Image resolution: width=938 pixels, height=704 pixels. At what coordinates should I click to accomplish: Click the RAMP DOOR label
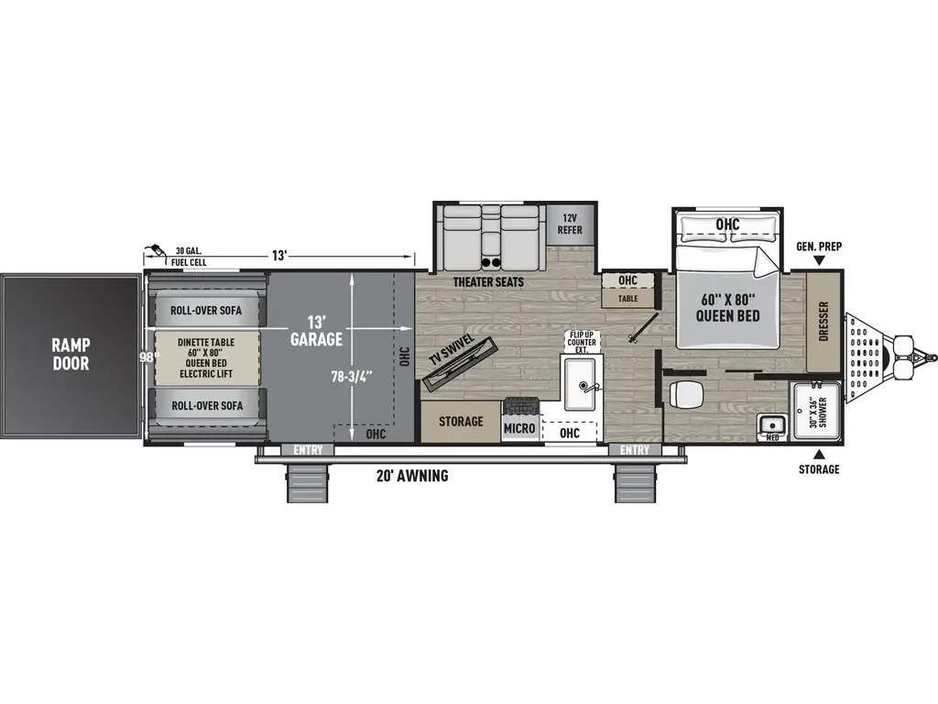(x=71, y=354)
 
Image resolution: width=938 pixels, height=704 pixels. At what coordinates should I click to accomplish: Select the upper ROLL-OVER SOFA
(x=205, y=311)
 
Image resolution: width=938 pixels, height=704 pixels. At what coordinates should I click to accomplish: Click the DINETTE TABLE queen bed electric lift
(x=205, y=357)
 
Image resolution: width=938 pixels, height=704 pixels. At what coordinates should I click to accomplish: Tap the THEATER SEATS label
(x=488, y=281)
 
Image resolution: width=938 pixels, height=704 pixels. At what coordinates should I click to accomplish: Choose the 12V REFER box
(x=571, y=224)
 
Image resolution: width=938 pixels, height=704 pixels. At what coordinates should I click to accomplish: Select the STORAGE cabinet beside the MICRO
(x=460, y=422)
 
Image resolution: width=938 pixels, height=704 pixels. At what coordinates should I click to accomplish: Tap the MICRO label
(x=518, y=428)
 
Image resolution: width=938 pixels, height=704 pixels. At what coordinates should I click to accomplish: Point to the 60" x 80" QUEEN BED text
(x=730, y=309)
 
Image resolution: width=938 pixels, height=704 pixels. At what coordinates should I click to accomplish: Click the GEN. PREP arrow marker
(x=819, y=262)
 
